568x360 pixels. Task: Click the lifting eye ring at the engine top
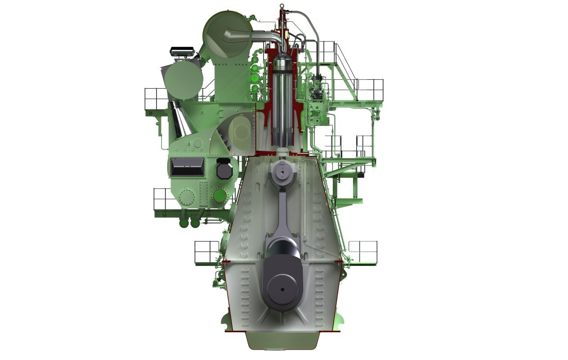[x=282, y=6]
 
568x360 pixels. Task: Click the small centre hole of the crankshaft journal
[x=282, y=289]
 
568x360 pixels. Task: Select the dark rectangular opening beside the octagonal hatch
[x=188, y=167]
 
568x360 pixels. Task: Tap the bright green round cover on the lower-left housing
[x=220, y=196]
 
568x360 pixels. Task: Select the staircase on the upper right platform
[x=344, y=67]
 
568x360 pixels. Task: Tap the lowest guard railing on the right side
[x=362, y=252]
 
